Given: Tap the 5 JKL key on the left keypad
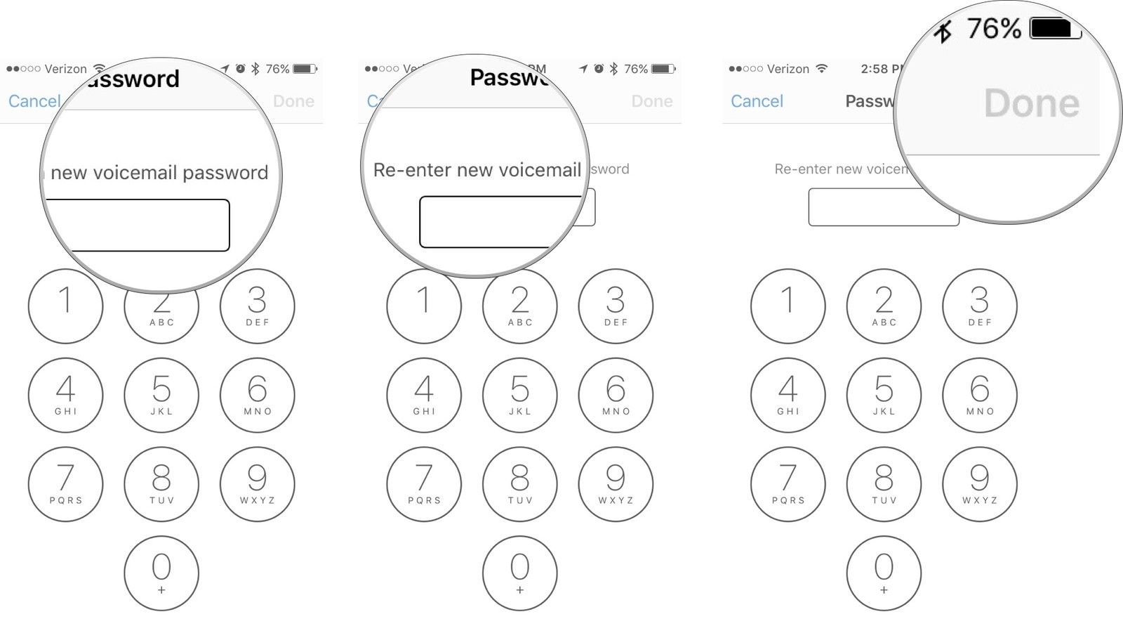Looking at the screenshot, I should click(161, 395).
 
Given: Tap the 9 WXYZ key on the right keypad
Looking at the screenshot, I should click(980, 484).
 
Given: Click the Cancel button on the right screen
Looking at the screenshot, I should click(757, 101).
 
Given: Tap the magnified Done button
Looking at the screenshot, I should click(1031, 104).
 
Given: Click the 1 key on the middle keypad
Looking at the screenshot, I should click(424, 306).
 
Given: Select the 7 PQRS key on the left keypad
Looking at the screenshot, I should click(65, 484).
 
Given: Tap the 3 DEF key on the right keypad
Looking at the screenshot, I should click(980, 306).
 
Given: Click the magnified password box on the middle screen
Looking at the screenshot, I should click(498, 222).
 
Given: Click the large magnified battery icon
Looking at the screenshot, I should click(1054, 29).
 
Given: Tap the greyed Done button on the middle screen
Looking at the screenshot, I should click(651, 101).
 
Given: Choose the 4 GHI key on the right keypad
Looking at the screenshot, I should click(788, 395).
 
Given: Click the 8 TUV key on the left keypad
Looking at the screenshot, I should click(161, 484).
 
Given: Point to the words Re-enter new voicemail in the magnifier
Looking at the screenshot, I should click(477, 170).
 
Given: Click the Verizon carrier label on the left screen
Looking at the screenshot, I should click(65, 69).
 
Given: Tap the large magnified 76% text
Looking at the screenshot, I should click(993, 29).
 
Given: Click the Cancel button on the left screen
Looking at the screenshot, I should click(34, 101).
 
